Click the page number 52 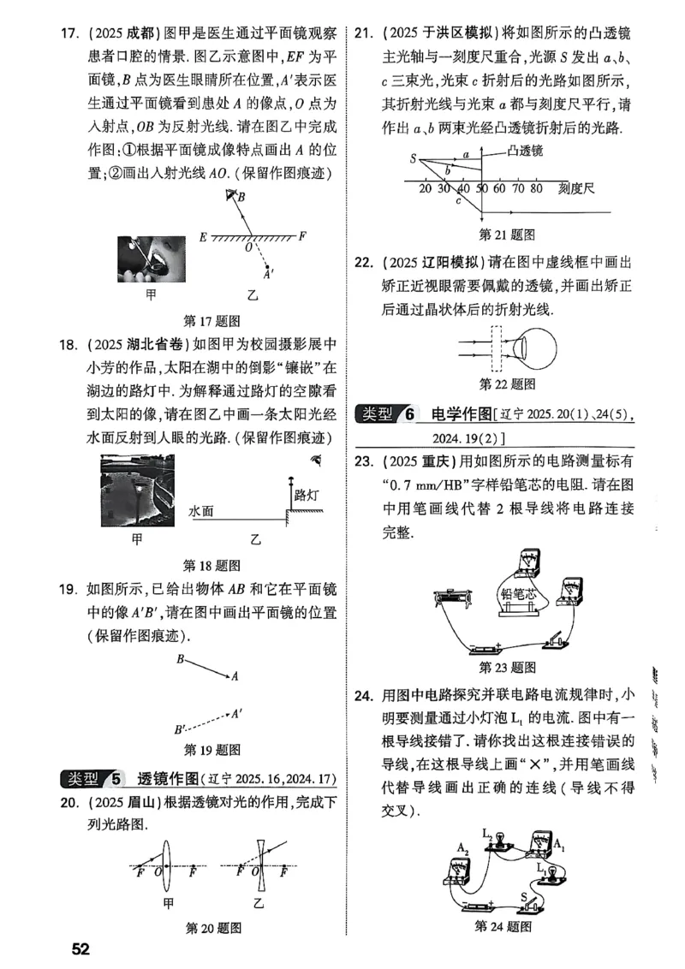coord(80,948)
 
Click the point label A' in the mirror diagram coord(269,275)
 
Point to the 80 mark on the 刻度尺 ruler coord(536,188)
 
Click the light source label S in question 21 coord(413,158)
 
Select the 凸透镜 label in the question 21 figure coord(525,152)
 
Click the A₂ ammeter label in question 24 coord(462,847)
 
